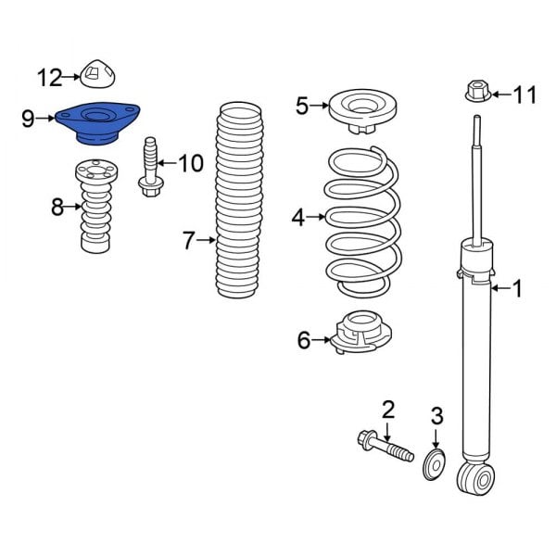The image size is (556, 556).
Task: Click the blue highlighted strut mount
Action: (x=97, y=122)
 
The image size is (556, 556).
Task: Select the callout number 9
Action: (x=28, y=119)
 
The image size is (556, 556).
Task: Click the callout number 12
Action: (x=49, y=75)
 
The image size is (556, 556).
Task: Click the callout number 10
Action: (x=190, y=164)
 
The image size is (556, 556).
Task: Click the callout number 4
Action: (x=298, y=218)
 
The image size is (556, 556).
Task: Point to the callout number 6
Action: (x=304, y=341)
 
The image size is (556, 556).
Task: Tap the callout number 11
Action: (x=524, y=95)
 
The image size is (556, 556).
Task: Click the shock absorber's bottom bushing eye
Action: (x=475, y=478)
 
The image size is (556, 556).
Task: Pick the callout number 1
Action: (x=517, y=289)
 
